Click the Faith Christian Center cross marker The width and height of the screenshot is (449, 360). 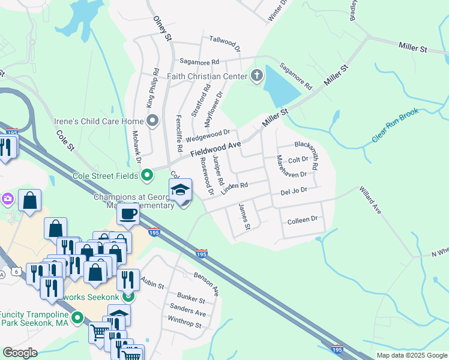click(x=257, y=76)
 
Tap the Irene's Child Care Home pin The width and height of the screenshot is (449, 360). click(x=152, y=122)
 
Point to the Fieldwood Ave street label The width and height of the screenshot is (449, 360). click(x=216, y=145)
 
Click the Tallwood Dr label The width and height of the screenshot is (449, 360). click(x=224, y=43)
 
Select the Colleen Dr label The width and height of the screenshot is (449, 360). click(x=302, y=220)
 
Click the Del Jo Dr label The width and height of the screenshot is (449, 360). click(x=294, y=191)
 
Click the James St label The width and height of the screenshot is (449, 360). click(x=244, y=217)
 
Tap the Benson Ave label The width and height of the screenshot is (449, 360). click(x=206, y=282)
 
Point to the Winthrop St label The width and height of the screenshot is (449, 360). click(x=185, y=323)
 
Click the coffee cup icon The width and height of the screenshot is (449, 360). click(x=128, y=214)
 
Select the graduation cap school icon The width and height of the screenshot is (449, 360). click(x=180, y=191)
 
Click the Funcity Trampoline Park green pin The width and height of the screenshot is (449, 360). click(x=77, y=318)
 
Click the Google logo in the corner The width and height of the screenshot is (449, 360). click(x=20, y=353)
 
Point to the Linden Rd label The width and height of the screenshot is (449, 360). click(x=234, y=188)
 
